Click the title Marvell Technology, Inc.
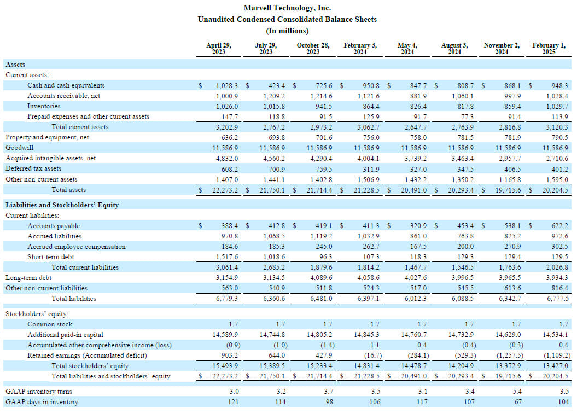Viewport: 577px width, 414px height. click(287, 8)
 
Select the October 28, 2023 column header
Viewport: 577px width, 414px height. click(313, 49)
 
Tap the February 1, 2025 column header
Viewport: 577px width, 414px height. click(549, 49)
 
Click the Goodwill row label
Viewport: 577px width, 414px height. click(19, 148)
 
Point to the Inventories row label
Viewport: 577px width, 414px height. click(44, 106)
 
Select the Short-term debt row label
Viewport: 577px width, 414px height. click(50, 257)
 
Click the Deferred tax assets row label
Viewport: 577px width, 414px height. click(33, 168)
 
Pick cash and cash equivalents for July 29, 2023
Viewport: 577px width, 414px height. click(276, 86)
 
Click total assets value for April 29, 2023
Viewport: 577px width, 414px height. click(225, 190)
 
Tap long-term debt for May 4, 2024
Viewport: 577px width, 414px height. click(416, 278)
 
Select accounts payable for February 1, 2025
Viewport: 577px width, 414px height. click(559, 226)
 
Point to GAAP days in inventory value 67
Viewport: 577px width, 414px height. click(518, 402)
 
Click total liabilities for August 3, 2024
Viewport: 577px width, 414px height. click(463, 299)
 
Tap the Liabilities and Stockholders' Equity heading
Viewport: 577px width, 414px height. click(62, 205)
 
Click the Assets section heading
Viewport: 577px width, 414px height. click(15, 65)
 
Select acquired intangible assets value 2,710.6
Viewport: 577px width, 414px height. click(557, 158)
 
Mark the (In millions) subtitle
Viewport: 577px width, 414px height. click(287, 31)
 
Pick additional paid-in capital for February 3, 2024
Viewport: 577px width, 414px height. click(366, 335)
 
